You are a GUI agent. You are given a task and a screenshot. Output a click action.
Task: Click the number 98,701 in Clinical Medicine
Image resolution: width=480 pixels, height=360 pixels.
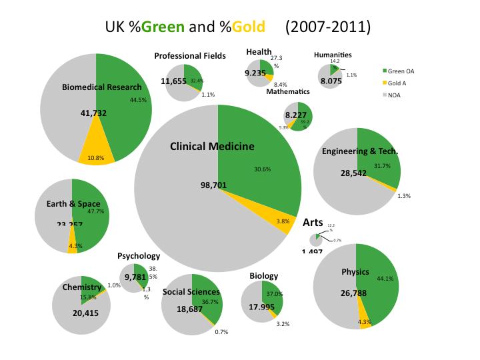coord(214,185)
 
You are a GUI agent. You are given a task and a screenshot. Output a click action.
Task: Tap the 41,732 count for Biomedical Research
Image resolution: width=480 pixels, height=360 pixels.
coord(93,113)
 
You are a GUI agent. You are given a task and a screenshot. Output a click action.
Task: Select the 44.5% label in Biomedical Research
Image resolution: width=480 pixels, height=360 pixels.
coord(138,100)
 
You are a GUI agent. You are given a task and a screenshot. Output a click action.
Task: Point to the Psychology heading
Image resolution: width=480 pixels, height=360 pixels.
coord(139,255)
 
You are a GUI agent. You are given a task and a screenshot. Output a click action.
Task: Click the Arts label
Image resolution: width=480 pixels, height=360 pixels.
coord(313,222)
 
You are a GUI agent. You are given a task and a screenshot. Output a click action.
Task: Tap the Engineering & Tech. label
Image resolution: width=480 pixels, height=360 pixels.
coord(360,151)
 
